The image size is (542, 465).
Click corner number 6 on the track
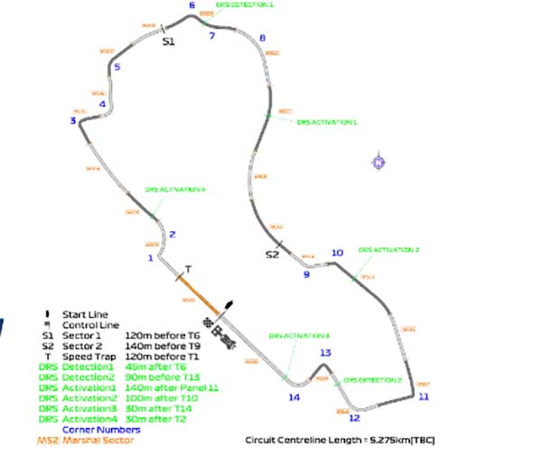pos(192,6)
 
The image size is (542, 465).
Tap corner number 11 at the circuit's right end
pos(424,396)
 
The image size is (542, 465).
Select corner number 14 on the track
pos(294,396)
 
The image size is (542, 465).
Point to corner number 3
pos(72,120)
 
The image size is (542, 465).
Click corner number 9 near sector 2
pos(305,274)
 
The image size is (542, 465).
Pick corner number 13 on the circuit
pos(325,353)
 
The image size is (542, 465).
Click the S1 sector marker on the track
pos(168,41)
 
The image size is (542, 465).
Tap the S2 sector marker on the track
pos(272,256)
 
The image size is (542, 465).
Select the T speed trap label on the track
pos(188,269)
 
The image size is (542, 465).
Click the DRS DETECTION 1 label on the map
pos(246,5)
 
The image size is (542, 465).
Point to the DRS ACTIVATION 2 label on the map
pos(388,249)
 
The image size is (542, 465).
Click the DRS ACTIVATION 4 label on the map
pos(175,190)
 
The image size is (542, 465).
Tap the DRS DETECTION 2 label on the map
pos(372,380)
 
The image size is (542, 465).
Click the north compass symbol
pos(378,162)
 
